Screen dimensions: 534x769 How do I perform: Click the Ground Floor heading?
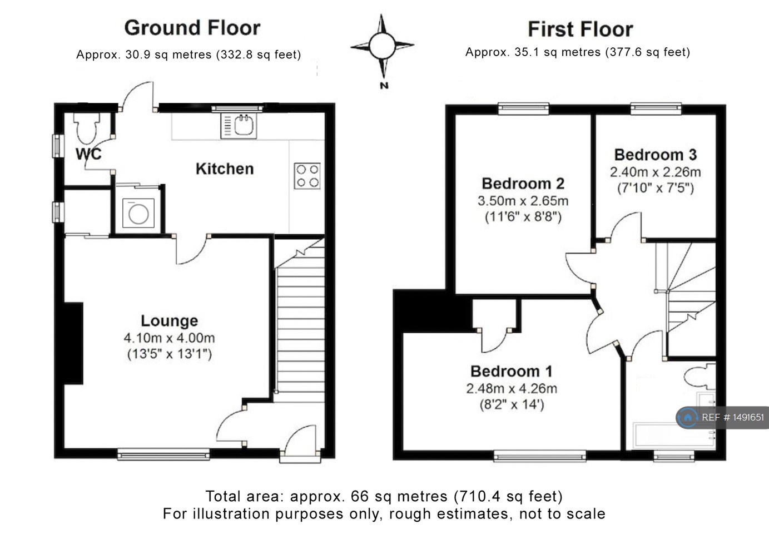[192, 28]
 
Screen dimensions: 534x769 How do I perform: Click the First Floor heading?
[580, 29]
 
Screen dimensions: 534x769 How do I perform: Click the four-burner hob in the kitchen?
[307, 176]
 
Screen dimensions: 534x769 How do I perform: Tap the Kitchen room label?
[224, 169]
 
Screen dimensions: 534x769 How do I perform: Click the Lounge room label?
[169, 320]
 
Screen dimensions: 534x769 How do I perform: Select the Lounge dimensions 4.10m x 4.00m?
[169, 338]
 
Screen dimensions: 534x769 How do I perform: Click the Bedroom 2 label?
[523, 184]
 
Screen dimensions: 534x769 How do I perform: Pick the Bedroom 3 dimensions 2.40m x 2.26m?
[655, 172]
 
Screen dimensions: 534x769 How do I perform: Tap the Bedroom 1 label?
[512, 371]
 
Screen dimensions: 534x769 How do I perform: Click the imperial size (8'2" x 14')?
[512, 404]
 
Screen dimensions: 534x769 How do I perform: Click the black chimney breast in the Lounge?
[73, 343]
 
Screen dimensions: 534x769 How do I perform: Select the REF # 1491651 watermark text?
[732, 417]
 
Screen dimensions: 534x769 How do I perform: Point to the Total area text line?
[384, 496]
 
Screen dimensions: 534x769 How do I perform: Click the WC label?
[89, 154]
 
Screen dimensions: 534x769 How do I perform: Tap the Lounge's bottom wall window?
[163, 454]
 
